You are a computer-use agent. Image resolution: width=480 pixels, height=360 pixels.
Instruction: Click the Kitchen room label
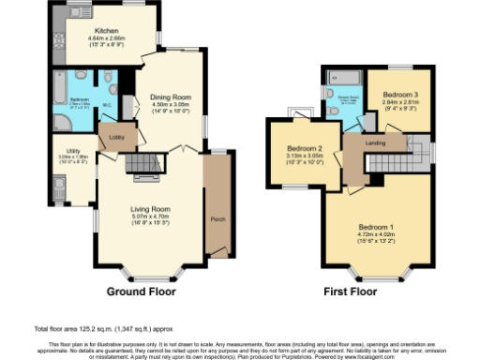(91, 31)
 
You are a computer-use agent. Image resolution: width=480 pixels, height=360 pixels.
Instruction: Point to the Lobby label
(117, 138)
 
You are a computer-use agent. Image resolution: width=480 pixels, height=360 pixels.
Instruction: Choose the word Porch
(218, 219)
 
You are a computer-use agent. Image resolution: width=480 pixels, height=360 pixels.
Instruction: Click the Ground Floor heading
(139, 291)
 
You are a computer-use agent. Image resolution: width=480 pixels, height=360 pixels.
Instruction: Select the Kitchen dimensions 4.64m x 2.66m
(91, 37)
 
